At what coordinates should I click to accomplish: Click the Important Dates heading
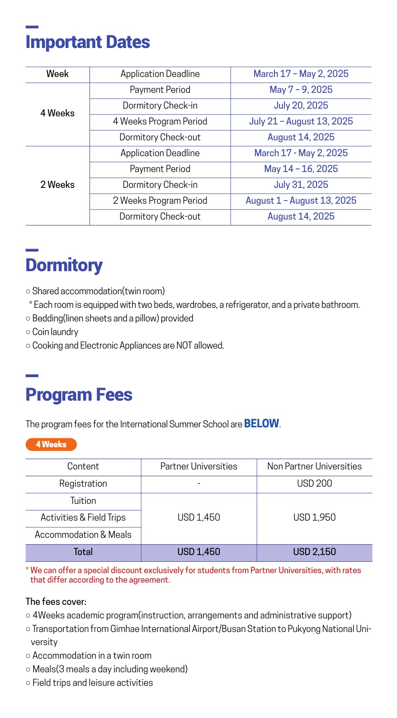88,42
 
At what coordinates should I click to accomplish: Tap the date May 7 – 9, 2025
301,90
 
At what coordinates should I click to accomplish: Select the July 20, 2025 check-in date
301,105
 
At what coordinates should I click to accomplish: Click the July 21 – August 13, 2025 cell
301,121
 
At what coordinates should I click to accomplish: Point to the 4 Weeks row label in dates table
57,113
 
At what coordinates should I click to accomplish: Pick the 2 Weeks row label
57,185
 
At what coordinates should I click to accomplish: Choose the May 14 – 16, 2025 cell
301,169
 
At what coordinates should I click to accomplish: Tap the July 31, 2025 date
301,185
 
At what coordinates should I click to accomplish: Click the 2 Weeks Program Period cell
160,201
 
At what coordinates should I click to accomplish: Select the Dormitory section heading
64,265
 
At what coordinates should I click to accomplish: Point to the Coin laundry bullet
55,332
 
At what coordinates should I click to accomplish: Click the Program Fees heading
79,395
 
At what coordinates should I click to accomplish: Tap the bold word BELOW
261,424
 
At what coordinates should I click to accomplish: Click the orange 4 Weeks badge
51,445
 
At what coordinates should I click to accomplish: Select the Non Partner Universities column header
314,466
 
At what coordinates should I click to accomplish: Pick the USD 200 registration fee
314,483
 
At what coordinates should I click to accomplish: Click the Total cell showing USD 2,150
314,552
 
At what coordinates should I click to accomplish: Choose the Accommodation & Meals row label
83,535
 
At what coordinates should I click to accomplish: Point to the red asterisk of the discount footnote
27,570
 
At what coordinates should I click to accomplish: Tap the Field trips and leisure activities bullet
92,683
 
